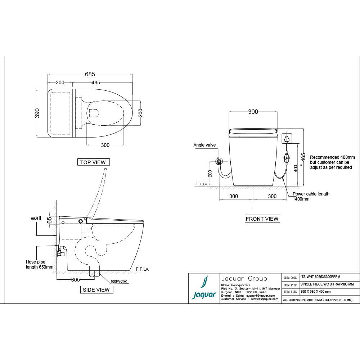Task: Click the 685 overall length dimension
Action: (90, 74)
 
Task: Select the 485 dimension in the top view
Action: (96, 82)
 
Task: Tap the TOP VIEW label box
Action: (93, 162)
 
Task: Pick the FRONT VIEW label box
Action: (262, 219)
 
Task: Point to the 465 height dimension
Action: (303, 157)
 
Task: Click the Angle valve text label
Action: (204, 145)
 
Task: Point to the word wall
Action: (36, 218)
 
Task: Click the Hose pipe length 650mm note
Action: (39, 265)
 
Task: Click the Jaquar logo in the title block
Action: (204, 288)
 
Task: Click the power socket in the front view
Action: (287, 138)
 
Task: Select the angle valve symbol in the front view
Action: (218, 161)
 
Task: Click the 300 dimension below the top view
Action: (105, 145)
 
